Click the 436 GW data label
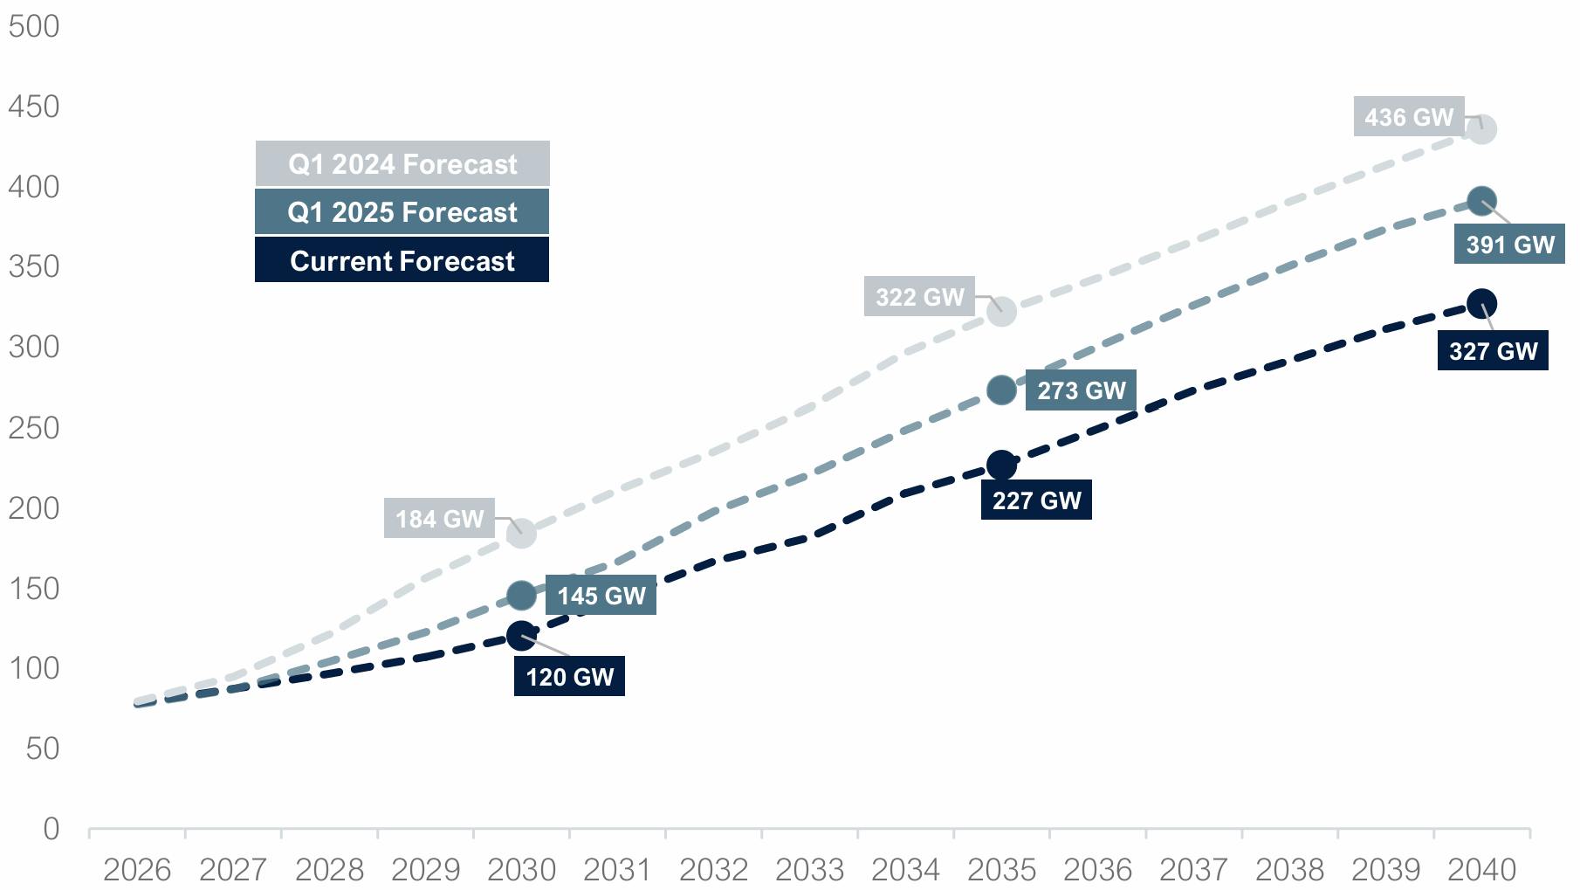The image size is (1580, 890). click(x=1408, y=117)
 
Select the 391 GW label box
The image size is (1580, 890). click(x=1509, y=245)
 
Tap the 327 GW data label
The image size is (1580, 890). click(x=1493, y=351)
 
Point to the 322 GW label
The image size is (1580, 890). click(x=919, y=297)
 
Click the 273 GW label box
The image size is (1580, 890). click(x=1081, y=390)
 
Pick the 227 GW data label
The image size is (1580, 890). click(x=1036, y=500)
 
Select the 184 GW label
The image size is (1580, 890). click(x=439, y=519)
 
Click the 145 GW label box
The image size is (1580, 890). click(x=601, y=596)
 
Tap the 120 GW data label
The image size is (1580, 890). click(x=569, y=677)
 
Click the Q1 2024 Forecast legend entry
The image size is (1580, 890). click(x=402, y=164)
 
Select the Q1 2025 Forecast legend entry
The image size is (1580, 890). click(x=402, y=212)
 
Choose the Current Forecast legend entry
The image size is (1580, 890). click(x=402, y=260)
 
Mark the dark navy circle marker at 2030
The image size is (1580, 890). click(x=521, y=636)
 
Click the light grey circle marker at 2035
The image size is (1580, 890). click(x=1001, y=311)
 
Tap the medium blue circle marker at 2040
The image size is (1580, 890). click(x=1481, y=201)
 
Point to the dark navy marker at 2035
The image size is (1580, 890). click(x=1001, y=466)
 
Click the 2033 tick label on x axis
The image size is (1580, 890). click(x=809, y=870)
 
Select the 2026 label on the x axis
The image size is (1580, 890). click(x=137, y=870)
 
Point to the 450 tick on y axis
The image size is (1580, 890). click(x=34, y=107)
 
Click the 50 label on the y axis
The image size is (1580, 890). click(x=42, y=749)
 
